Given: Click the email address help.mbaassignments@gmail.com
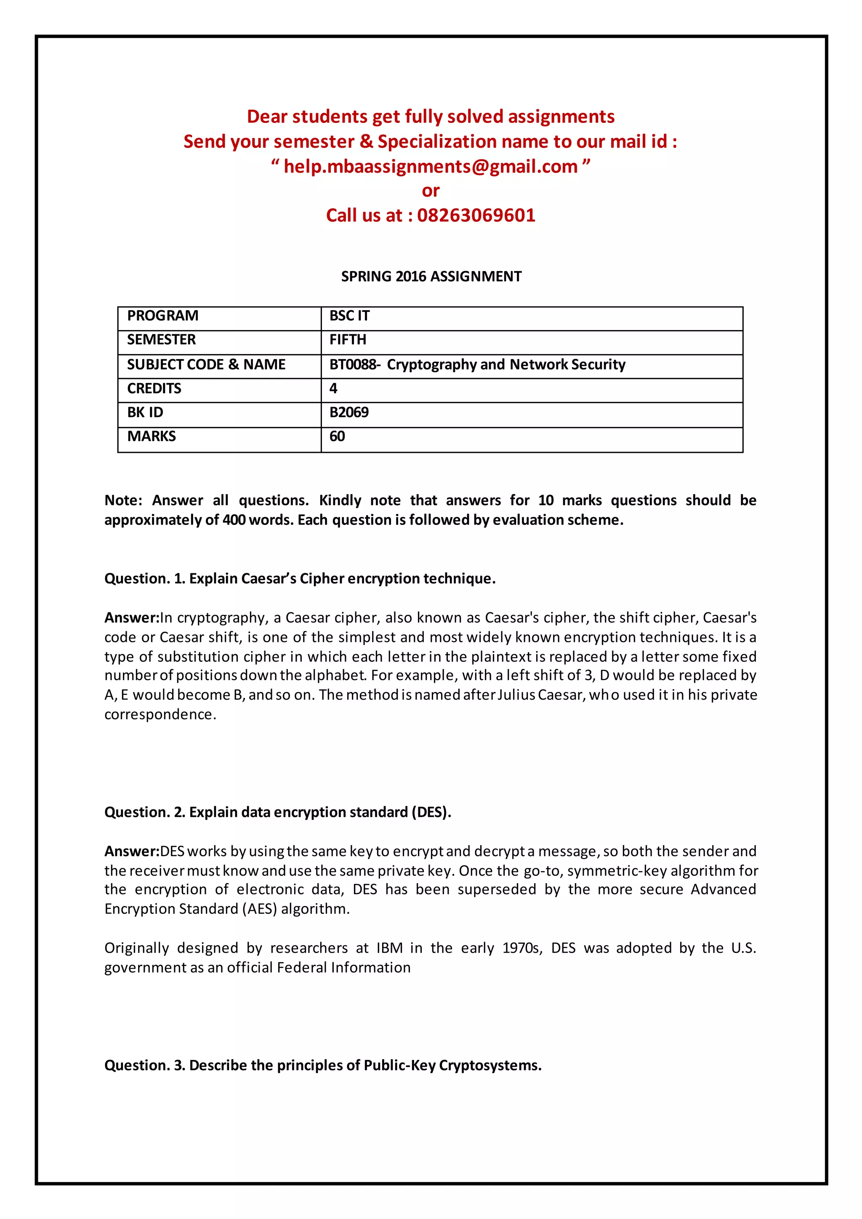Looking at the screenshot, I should [431, 167].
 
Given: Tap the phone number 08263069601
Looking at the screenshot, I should [476, 216].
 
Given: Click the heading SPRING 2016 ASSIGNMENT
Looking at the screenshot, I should [431, 277].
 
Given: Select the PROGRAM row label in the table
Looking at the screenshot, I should [162, 316].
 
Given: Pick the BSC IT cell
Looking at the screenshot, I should [349, 316].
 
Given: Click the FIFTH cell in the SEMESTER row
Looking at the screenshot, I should [348, 340].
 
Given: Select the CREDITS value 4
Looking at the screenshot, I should [333, 389].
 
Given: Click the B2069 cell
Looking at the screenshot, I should [349, 413].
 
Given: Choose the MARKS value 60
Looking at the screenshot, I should [337, 436].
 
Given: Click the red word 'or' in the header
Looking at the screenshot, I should [431, 191].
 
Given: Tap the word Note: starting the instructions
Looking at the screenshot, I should [123, 500].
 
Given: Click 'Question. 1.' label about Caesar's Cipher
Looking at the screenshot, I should [144, 579].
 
